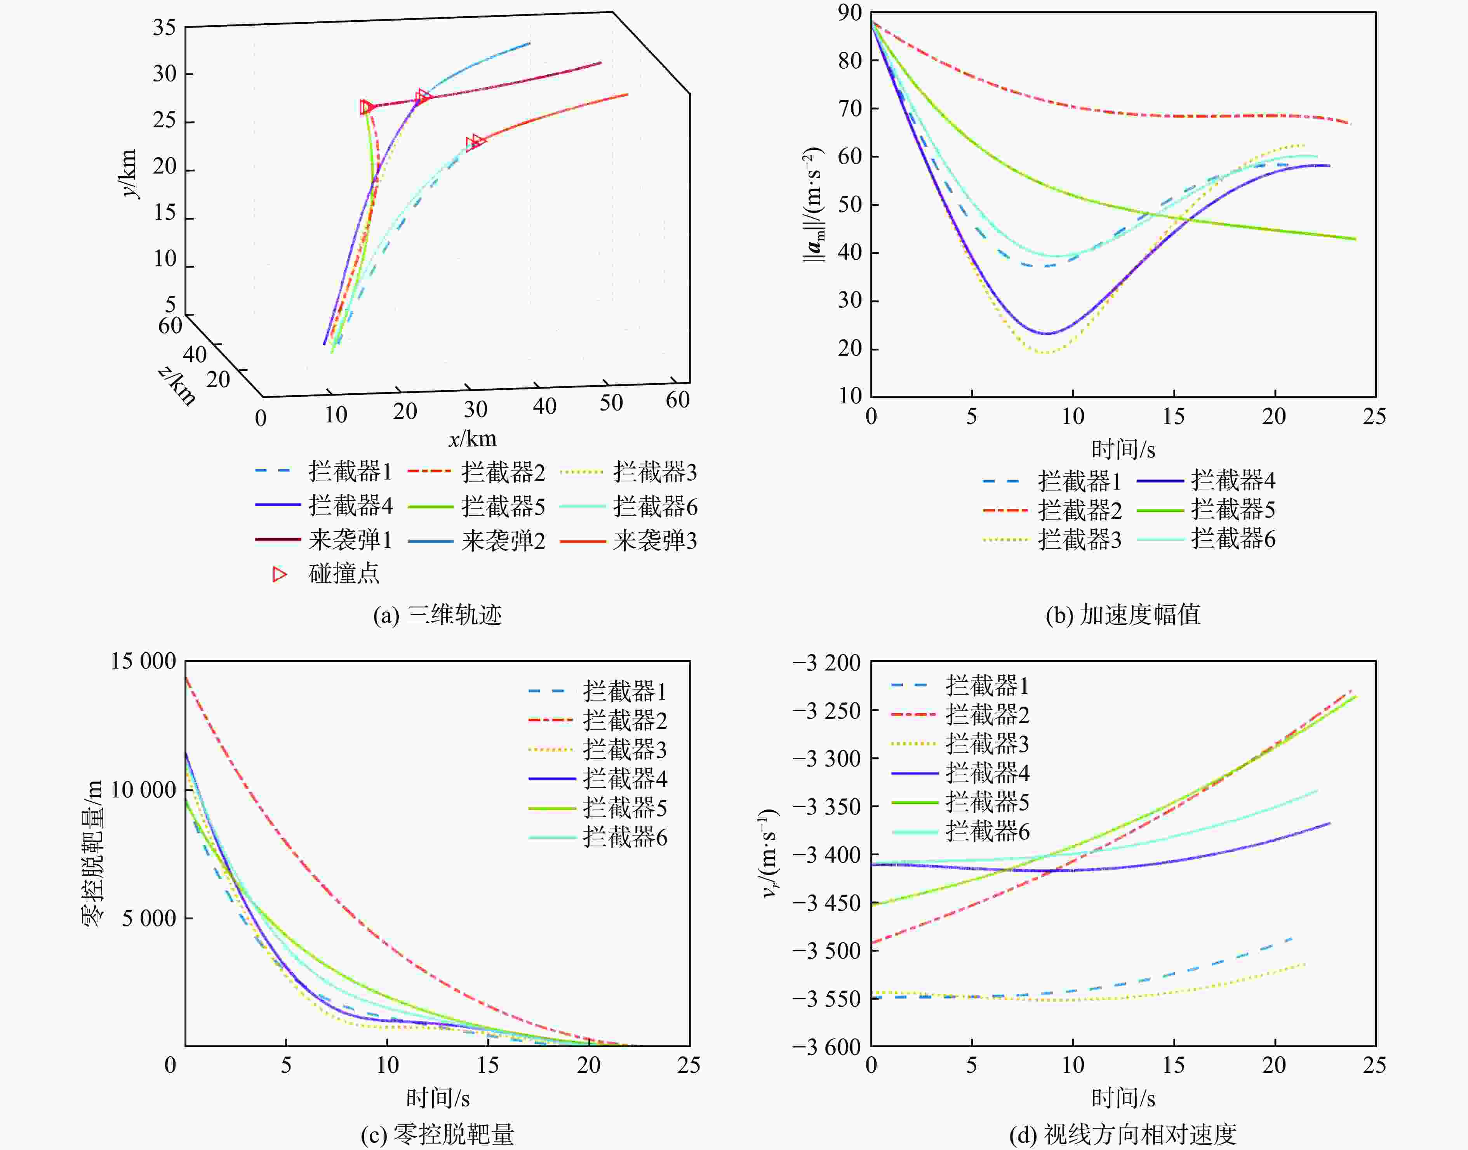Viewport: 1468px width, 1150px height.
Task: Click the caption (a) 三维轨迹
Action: (x=438, y=615)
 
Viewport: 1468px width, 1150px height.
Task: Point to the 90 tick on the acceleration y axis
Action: (x=850, y=12)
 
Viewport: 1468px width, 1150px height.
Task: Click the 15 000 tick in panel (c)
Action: (x=143, y=661)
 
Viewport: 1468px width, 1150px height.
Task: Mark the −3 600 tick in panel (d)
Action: (x=826, y=1047)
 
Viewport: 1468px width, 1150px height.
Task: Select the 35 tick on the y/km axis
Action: (x=164, y=28)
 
